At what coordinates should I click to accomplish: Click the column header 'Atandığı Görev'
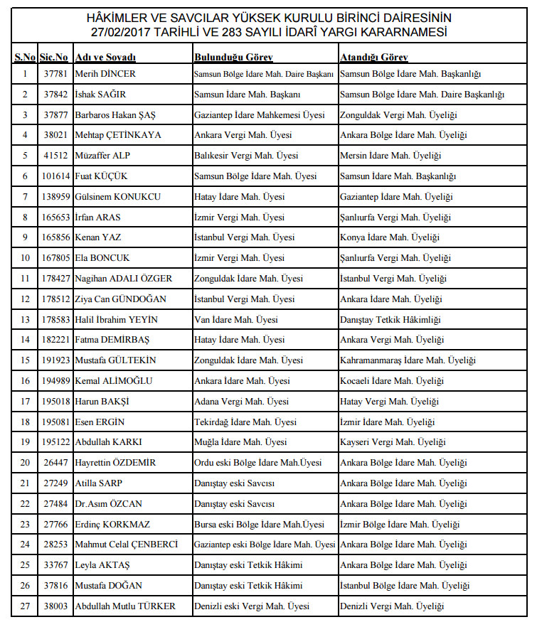(373, 57)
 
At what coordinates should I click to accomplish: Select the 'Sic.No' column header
(54, 57)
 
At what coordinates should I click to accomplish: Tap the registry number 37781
(55, 74)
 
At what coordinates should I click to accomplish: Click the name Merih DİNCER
(105, 74)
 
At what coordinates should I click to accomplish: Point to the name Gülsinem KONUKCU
(118, 197)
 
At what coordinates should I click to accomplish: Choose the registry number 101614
(55, 176)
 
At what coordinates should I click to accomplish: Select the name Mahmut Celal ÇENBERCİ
(127, 545)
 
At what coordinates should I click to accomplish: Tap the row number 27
(25, 606)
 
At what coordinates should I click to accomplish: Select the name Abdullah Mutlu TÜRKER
(125, 606)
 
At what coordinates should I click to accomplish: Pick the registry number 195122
(55, 442)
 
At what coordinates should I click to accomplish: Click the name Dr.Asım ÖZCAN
(109, 504)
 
